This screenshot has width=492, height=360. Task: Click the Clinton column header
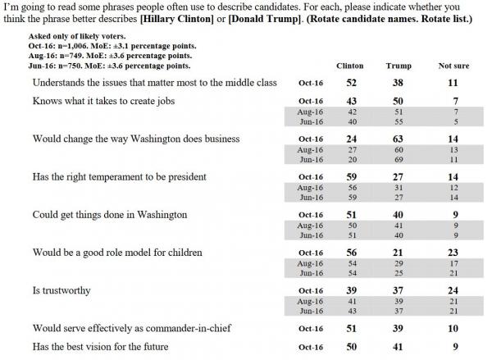[x=350, y=66]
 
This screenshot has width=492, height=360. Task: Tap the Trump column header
[x=399, y=66]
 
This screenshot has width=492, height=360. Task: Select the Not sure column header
[x=453, y=66]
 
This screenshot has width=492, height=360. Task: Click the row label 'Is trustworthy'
[x=61, y=290]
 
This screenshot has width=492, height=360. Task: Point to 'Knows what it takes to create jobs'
[x=103, y=101]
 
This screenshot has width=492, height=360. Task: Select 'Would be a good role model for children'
[x=117, y=253]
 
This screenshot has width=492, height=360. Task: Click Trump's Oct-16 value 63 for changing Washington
[x=398, y=139]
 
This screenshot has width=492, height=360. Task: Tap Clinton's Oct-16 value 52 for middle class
[x=352, y=83]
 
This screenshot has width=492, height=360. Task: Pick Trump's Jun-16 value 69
[x=399, y=159]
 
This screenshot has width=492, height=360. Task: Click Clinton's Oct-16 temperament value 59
[x=352, y=176]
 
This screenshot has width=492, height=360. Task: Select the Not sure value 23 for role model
[x=453, y=253]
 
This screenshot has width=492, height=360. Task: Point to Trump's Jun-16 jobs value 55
[x=399, y=121]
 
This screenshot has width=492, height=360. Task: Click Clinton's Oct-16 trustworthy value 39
[x=352, y=290]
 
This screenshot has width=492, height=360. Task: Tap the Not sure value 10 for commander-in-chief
[x=453, y=328]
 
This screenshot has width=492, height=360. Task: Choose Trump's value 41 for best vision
[x=398, y=347]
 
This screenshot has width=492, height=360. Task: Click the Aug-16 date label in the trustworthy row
[x=310, y=301]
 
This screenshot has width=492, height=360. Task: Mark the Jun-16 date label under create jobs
[x=312, y=121]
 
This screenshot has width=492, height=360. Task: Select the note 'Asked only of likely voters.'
[x=77, y=36]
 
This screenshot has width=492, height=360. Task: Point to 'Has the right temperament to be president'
[x=120, y=176]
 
